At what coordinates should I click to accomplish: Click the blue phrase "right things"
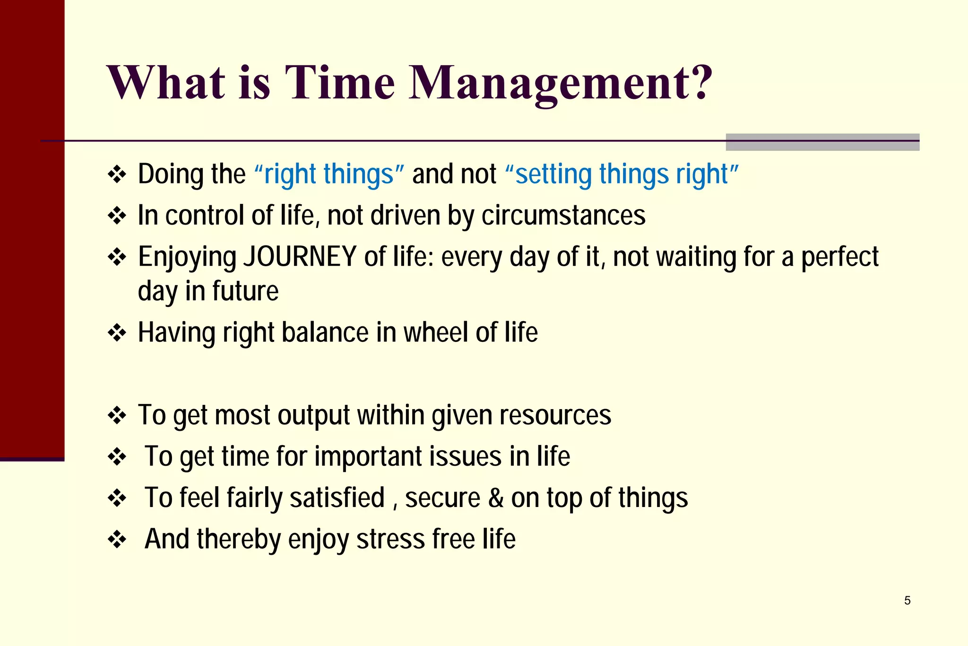pyautogui.click(x=329, y=174)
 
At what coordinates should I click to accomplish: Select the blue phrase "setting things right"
pyautogui.click(x=622, y=174)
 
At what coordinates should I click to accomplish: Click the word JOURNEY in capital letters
pyautogui.click(x=300, y=257)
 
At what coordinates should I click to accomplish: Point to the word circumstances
pyautogui.click(x=563, y=216)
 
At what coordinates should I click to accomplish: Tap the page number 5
pyautogui.click(x=907, y=601)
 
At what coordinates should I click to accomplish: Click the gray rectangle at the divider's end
pyautogui.click(x=822, y=142)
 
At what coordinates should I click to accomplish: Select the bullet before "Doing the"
pyautogui.click(x=117, y=175)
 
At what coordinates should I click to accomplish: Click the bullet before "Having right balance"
pyautogui.click(x=117, y=333)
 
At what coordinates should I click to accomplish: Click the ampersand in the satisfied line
pyautogui.click(x=495, y=498)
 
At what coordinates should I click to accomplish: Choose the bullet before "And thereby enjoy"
pyautogui.click(x=117, y=539)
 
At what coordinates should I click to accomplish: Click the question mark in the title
pyautogui.click(x=698, y=83)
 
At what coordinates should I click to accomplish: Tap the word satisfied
pyautogui.click(x=337, y=498)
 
